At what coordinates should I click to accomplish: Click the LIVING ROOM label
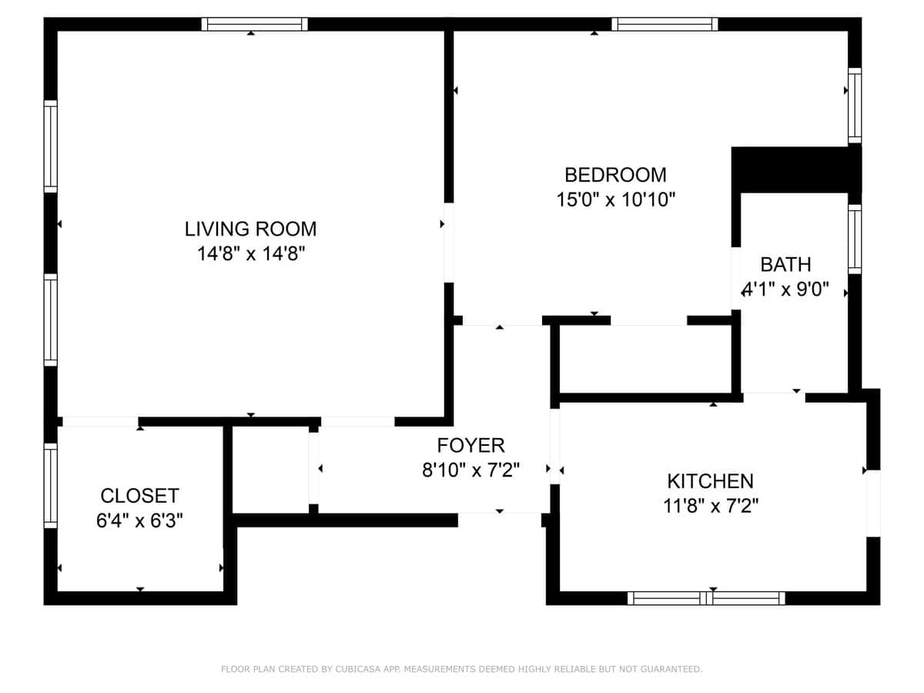tap(250, 229)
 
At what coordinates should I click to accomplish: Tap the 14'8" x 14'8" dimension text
tap(251, 254)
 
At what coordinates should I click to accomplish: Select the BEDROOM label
tap(615, 175)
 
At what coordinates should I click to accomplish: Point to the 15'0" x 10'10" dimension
tap(616, 199)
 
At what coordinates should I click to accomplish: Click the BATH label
tap(786, 265)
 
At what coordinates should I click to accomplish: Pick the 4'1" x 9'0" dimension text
tap(785, 290)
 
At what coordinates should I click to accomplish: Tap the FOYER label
tap(471, 445)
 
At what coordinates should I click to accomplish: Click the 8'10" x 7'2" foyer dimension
tap(471, 470)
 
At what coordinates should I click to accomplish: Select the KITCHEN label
tap(711, 481)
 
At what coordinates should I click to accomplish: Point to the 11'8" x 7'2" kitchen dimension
tap(711, 506)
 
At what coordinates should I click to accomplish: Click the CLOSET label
tap(140, 496)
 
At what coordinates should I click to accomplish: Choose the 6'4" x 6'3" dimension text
tap(140, 521)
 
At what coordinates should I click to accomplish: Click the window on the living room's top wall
tap(255, 25)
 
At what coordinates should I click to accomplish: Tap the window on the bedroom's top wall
tap(665, 25)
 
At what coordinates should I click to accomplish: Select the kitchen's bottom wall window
tap(706, 598)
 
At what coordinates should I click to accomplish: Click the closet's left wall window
tap(51, 486)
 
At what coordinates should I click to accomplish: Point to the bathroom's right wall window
tap(855, 239)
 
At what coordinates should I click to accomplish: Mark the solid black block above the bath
tap(796, 170)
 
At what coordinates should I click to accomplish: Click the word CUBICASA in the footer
tap(358, 669)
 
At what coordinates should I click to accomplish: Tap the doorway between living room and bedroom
tap(449, 243)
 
